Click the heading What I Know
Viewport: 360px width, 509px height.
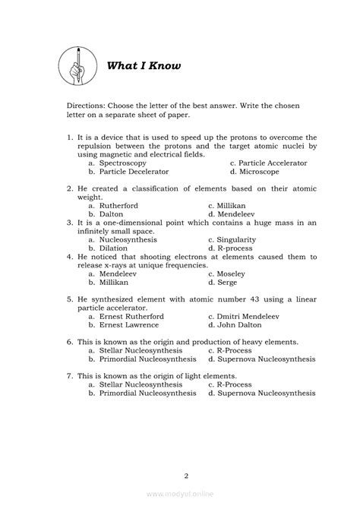[x=143, y=65]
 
